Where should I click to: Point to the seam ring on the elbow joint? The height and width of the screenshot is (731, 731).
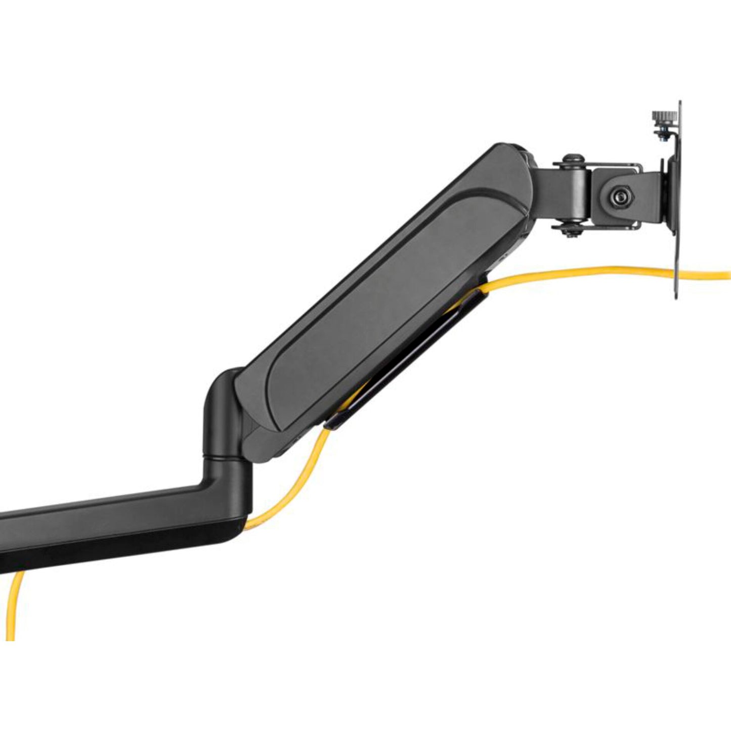point(223,458)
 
